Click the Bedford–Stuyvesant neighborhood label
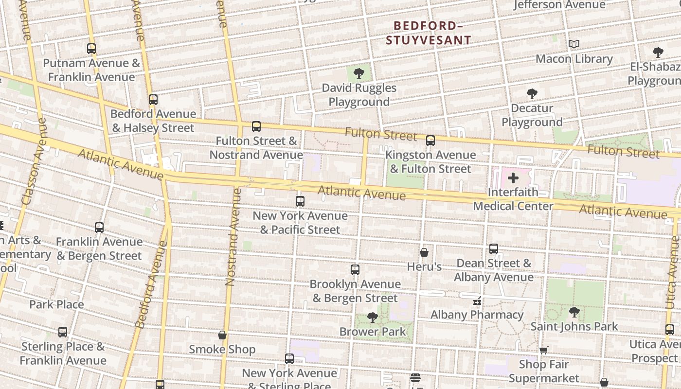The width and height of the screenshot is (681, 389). coord(429,33)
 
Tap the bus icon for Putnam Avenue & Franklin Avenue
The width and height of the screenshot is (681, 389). coord(91,49)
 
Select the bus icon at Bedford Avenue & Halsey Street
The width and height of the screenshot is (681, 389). coord(153,100)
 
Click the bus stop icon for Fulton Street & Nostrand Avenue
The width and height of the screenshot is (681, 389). coord(256,126)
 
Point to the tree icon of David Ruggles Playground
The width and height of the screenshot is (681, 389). coord(359,73)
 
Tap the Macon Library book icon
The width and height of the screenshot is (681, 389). coord(574,44)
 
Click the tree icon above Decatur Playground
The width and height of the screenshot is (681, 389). coord(532,94)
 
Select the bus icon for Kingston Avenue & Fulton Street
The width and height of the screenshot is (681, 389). coord(430,141)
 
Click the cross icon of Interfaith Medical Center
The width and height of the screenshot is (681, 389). coord(513,178)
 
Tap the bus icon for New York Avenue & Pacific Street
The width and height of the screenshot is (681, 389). coord(300,201)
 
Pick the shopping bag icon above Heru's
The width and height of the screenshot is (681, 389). coord(424,252)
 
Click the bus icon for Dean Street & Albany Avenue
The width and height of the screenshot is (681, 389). coord(494,249)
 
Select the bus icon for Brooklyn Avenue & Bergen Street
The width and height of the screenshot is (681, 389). coord(355,270)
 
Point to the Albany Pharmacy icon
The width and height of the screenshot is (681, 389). coord(477,301)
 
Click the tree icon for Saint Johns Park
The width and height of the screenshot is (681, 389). coord(574,312)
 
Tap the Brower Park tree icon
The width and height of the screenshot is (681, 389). coord(373,318)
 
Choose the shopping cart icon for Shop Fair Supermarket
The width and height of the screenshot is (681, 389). coord(544,350)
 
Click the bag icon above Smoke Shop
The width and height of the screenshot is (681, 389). coord(222,335)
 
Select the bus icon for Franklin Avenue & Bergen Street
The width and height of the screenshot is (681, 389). coord(99,228)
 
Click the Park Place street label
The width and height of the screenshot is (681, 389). coord(56,304)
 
